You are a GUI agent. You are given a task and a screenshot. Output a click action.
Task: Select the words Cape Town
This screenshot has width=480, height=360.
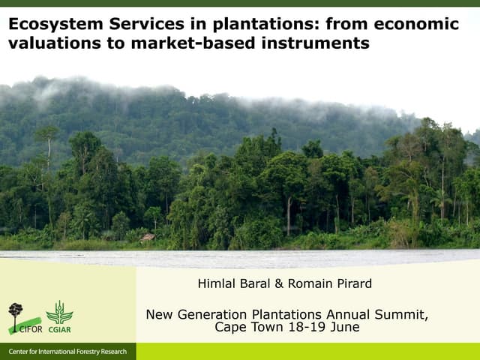pos(245,327)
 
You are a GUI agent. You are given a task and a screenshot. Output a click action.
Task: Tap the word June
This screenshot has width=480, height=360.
pos(344,327)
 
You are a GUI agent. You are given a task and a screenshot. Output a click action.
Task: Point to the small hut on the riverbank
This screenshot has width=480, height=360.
pos(148,238)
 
